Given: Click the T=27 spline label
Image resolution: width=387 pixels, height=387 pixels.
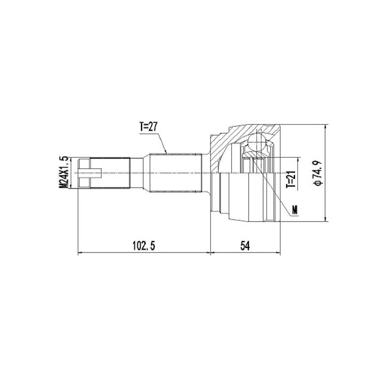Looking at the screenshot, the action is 149,127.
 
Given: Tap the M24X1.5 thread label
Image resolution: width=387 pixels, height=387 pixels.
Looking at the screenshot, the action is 63,172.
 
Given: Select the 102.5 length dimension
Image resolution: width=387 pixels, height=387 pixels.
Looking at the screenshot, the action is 144,246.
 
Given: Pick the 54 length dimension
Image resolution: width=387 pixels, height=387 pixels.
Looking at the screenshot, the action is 245,246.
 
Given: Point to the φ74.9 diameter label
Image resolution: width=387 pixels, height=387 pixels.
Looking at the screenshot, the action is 317,173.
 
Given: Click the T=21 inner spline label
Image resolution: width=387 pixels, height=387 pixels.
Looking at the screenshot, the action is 291,179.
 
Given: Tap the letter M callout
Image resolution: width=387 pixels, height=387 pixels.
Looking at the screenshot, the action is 295,209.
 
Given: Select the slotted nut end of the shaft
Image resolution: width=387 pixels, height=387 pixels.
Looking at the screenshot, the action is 84,173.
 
